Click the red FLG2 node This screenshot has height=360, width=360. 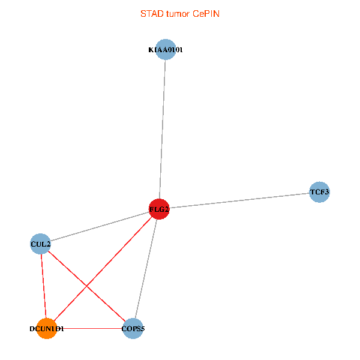click(159, 209)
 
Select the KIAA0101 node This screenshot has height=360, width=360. click(166, 50)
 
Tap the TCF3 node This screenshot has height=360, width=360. click(319, 192)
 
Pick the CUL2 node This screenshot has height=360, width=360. click(40, 244)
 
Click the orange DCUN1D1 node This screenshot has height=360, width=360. click(46, 329)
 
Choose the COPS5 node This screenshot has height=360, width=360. click(133, 329)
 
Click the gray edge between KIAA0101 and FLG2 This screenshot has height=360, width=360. click(163, 129)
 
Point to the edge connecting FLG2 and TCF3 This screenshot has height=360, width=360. click(240, 200)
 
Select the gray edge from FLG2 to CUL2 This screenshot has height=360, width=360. click(100, 226)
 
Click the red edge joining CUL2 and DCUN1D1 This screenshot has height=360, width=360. click(43, 286)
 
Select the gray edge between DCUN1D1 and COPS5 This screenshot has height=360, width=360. click(90, 329)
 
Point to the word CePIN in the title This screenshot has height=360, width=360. click(206, 13)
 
